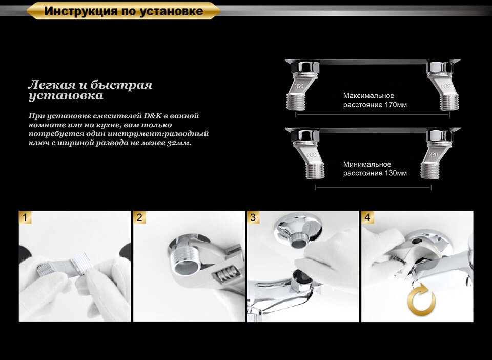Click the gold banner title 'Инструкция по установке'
click(x=123, y=11)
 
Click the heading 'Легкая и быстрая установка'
click(x=90, y=90)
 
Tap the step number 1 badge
click(x=26, y=217)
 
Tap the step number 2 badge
click(x=139, y=217)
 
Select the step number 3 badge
click(x=253, y=217)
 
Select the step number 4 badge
click(x=367, y=217)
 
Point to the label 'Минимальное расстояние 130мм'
click(x=375, y=169)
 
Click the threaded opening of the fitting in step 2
click(x=186, y=266)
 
